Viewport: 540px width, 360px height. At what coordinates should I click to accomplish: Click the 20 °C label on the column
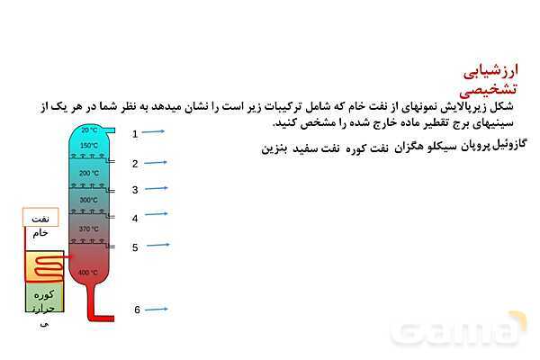point(89,130)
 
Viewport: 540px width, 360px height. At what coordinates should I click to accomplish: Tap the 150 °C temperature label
point(89,146)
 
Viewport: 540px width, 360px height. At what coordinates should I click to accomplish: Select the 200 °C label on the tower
point(89,173)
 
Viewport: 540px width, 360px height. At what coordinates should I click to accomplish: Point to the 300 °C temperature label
point(88,200)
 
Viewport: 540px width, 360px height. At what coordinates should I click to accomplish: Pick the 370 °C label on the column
point(88,229)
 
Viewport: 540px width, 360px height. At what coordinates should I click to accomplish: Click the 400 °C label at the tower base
point(88,273)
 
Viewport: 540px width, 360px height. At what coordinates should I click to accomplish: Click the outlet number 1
point(135,133)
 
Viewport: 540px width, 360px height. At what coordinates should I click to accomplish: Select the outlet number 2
point(135,164)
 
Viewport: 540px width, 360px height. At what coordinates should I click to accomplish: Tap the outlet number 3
point(135,190)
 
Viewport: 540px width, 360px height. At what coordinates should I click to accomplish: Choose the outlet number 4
point(135,218)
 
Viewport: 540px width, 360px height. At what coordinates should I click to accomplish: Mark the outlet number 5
point(135,247)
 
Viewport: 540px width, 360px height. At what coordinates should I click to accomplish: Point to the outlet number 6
point(138,310)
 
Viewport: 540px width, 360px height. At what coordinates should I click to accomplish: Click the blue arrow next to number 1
point(154,132)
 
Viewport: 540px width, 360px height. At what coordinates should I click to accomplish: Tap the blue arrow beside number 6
point(157,310)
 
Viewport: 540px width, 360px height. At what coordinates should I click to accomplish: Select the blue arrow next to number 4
point(157,214)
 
